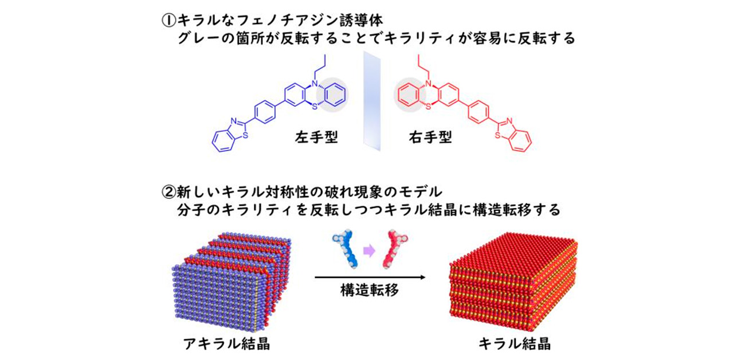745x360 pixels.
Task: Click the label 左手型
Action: click(x=315, y=139)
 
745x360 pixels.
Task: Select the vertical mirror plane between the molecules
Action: click(x=371, y=100)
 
